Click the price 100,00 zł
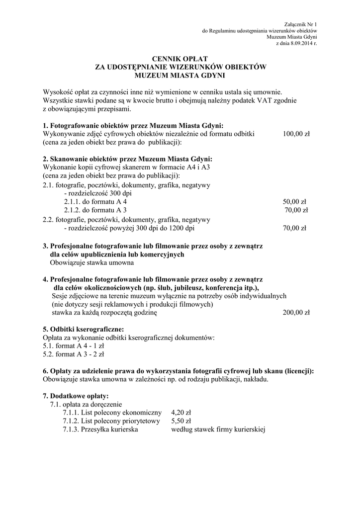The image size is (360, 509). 296,134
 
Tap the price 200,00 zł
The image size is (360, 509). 296,313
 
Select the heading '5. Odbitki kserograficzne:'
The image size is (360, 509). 83,330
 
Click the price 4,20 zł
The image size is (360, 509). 181,413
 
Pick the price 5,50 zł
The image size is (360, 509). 181,421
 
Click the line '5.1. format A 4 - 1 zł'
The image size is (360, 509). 73,346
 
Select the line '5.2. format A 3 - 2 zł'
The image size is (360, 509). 73,354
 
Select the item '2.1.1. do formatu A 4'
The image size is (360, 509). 95,201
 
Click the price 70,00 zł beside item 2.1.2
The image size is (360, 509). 296,210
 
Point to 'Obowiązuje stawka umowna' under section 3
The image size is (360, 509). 91,262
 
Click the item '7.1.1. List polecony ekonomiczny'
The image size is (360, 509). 112,413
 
